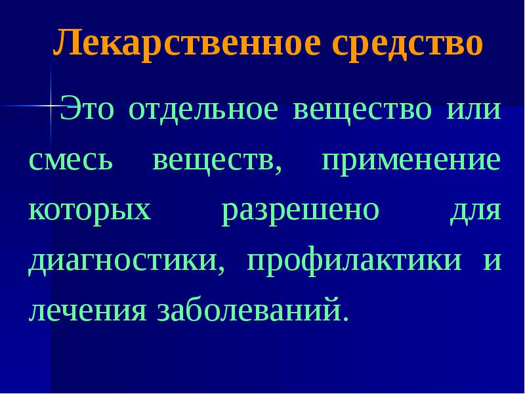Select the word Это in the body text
pyautogui.click(x=86, y=108)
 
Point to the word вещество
pyautogui.click(x=362, y=108)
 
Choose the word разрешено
pyautogui.click(x=300, y=211)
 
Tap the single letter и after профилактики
pyautogui.click(x=492, y=260)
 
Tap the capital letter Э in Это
pyautogui.click(x=68, y=108)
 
